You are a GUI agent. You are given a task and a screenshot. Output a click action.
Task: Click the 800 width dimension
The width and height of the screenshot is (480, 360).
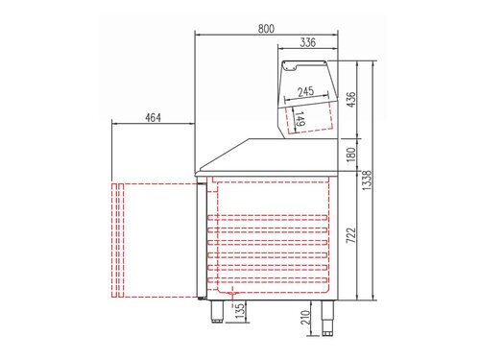pos(270,29)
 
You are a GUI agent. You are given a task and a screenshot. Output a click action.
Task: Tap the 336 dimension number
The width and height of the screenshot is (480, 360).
pos(307,42)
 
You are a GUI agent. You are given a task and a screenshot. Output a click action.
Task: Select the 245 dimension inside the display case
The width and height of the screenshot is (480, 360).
pos(306,92)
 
